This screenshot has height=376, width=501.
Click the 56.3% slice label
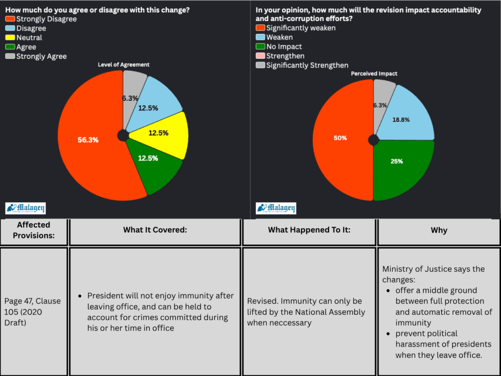click(x=88, y=140)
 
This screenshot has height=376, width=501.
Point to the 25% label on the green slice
click(x=397, y=161)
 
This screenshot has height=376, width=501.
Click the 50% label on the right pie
click(x=341, y=138)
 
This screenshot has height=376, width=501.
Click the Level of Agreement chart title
click(x=123, y=65)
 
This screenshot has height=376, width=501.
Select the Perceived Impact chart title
click(x=374, y=73)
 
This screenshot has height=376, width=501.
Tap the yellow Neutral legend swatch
click(x=10, y=38)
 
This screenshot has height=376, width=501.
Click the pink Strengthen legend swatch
click(x=260, y=56)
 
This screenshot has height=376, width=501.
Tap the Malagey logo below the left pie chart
click(x=25, y=208)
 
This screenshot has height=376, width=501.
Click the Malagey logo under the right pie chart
click(x=276, y=208)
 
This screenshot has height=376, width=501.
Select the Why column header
click(x=439, y=230)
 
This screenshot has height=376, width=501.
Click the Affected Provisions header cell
click(x=34, y=230)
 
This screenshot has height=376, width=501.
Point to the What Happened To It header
click(x=309, y=230)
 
